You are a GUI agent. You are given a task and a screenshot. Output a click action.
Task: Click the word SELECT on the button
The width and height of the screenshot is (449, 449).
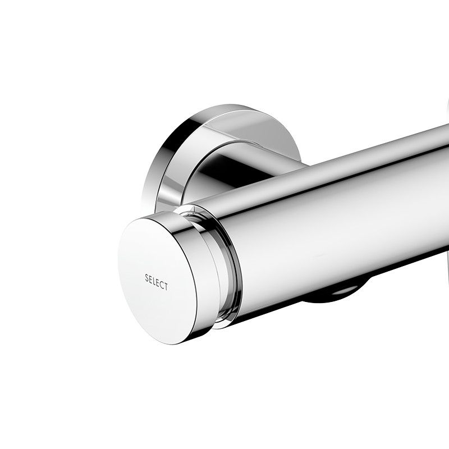point(156,282)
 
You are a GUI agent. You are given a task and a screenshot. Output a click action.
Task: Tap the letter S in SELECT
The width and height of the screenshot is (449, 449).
point(146,277)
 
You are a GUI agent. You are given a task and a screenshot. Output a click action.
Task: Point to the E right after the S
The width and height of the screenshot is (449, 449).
point(150,279)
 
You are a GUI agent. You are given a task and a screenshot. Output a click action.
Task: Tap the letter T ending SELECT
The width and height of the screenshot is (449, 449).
point(166,287)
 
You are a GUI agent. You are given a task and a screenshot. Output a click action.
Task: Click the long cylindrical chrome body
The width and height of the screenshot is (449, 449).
point(337,224)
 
